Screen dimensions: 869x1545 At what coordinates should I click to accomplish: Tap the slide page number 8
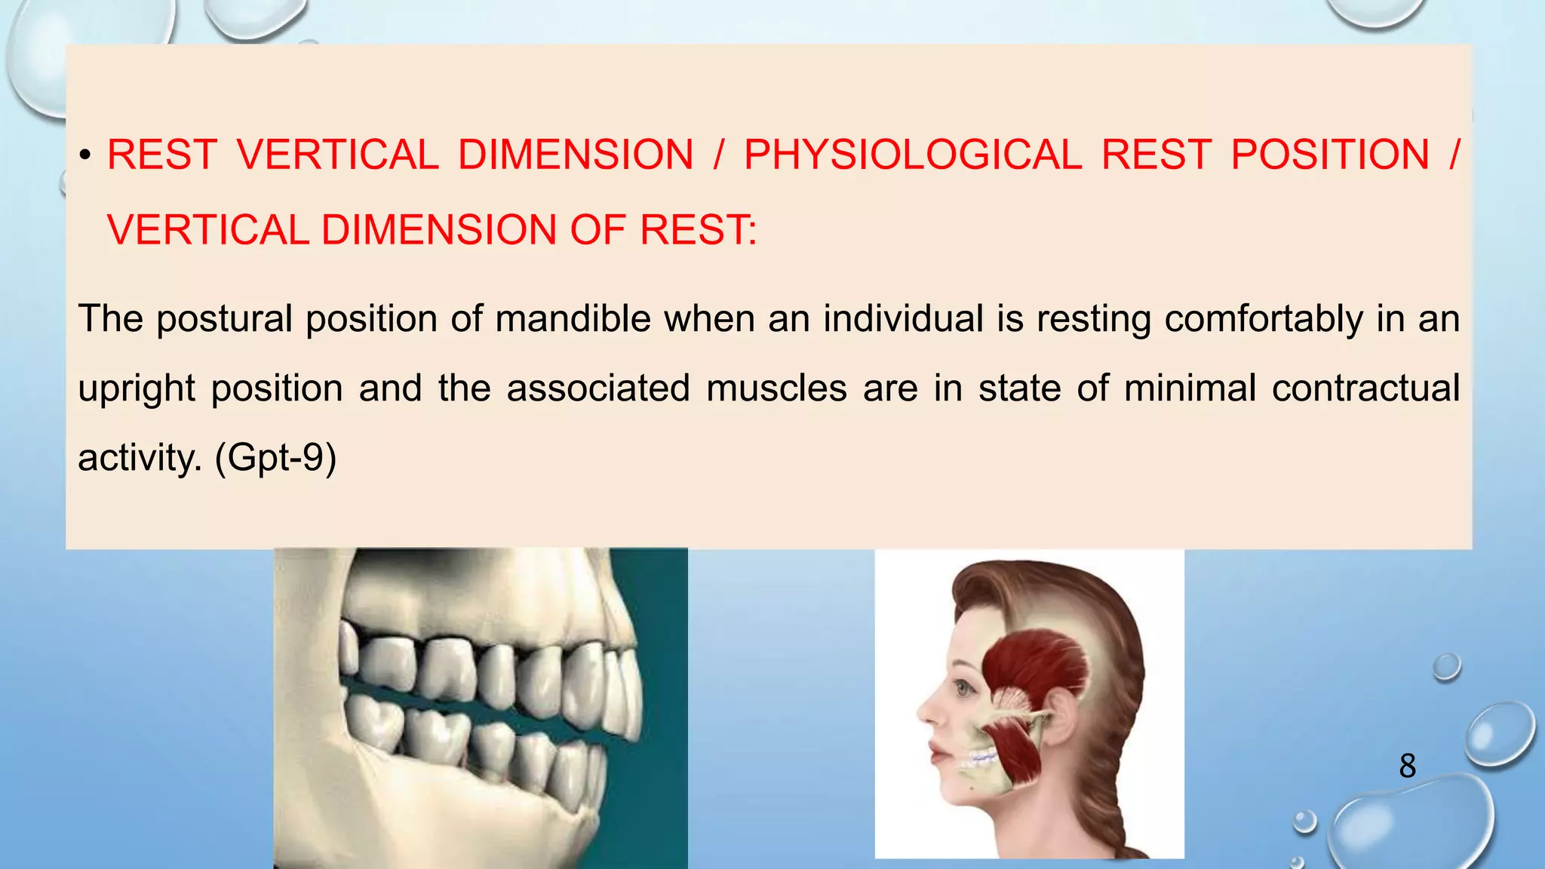pyautogui.click(x=1407, y=766)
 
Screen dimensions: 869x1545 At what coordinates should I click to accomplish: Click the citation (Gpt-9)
pyautogui.click(x=275, y=457)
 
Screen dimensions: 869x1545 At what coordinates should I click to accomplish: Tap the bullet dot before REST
pyautogui.click(x=85, y=156)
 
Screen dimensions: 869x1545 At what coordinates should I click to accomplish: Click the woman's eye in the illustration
pyautogui.click(x=963, y=687)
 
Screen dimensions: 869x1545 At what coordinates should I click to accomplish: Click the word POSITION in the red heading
pyautogui.click(x=1329, y=155)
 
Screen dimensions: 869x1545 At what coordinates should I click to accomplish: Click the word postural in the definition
pyautogui.click(x=224, y=318)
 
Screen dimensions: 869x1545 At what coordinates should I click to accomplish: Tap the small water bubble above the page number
pyautogui.click(x=1446, y=667)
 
